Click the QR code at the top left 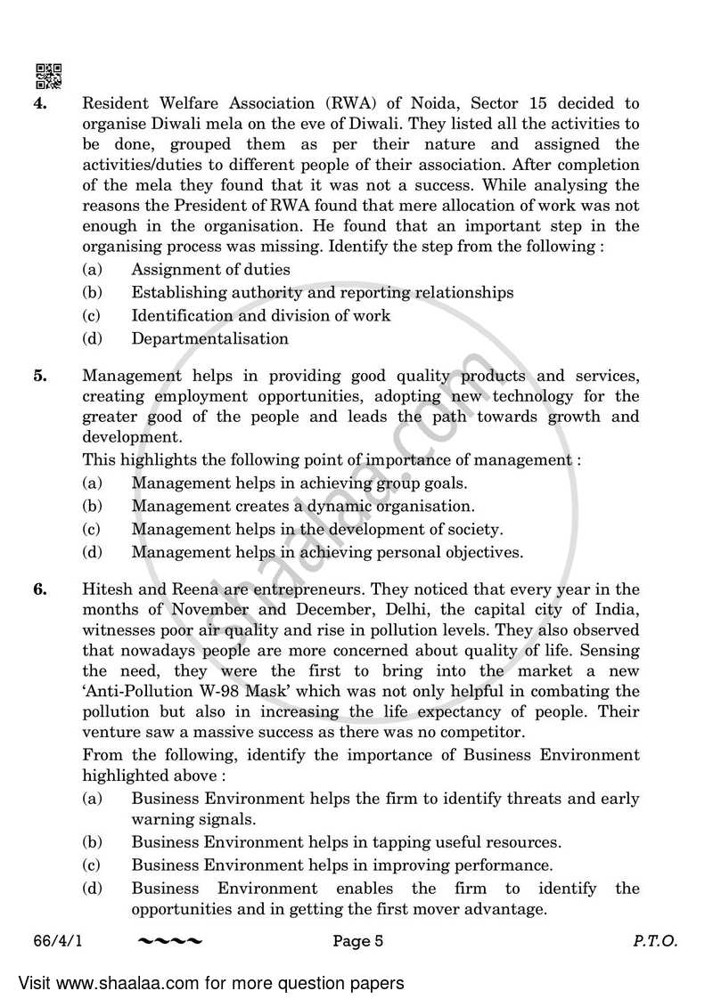pos(48,77)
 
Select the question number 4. pos(41,102)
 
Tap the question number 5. pos(41,376)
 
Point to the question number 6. pos(41,589)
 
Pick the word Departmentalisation pos(209,338)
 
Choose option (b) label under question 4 pos(91,292)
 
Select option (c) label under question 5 pos(91,529)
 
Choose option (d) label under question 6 pos(91,889)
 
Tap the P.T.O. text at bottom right pos(659,942)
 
